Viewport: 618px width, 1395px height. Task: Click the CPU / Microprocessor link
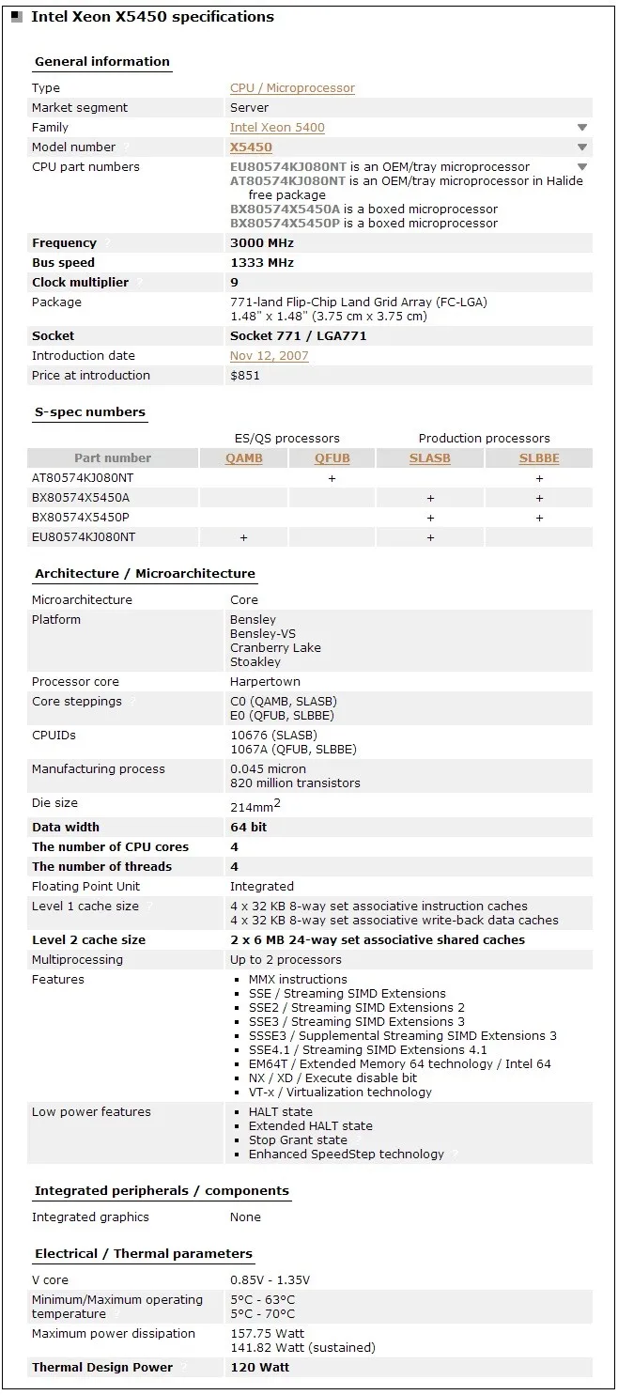[292, 88]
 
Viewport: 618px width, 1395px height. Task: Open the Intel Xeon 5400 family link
[277, 128]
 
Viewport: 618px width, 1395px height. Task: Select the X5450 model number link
[251, 147]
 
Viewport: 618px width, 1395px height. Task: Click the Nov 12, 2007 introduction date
[269, 356]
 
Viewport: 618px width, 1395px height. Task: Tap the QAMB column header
[243, 458]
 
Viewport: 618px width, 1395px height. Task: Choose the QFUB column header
[332, 458]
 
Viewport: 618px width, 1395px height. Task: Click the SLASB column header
[429, 458]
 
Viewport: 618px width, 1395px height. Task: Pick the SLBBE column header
[539, 458]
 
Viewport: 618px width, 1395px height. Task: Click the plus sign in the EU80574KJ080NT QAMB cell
[243, 537]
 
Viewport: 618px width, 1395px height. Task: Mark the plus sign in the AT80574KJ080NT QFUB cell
[332, 478]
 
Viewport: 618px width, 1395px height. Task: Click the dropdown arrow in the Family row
[582, 128]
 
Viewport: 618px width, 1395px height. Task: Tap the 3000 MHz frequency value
[262, 243]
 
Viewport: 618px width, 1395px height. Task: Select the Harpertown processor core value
[266, 682]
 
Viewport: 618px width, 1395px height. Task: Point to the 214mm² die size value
[255, 805]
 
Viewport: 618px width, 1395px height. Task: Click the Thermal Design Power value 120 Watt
[259, 1368]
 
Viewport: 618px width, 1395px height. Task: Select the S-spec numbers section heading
[90, 412]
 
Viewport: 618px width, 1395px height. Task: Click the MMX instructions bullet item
[298, 980]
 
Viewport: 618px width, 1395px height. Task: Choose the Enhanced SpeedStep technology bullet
[346, 1155]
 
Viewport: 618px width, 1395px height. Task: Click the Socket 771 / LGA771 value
[298, 336]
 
